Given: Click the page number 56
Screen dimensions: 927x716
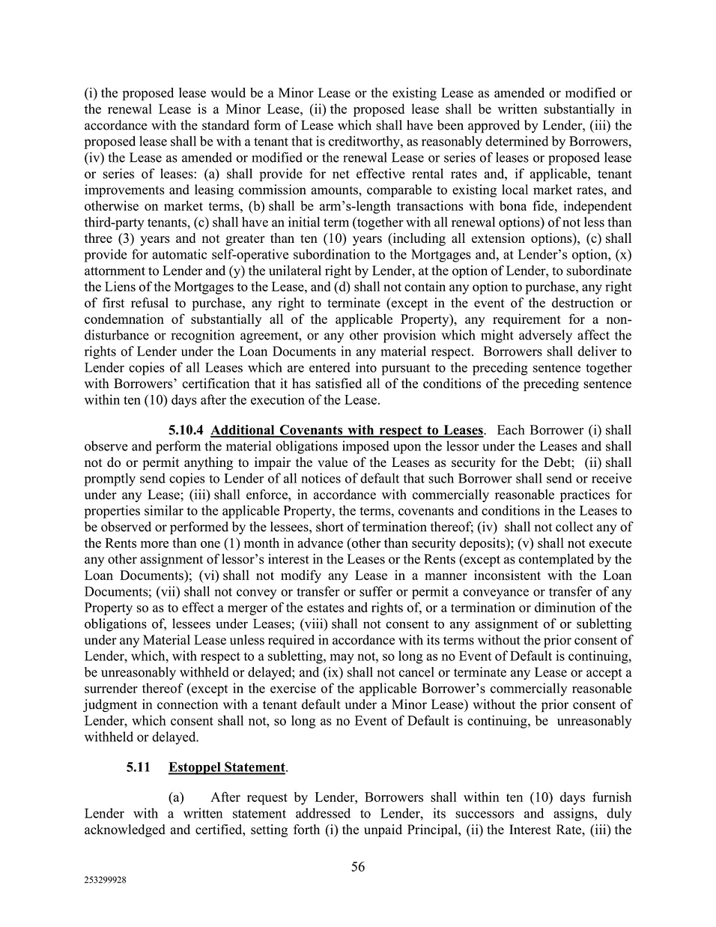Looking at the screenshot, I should (358, 867).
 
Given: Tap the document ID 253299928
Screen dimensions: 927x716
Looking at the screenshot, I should (105, 881).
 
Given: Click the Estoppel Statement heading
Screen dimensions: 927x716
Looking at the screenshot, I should (227, 767).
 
